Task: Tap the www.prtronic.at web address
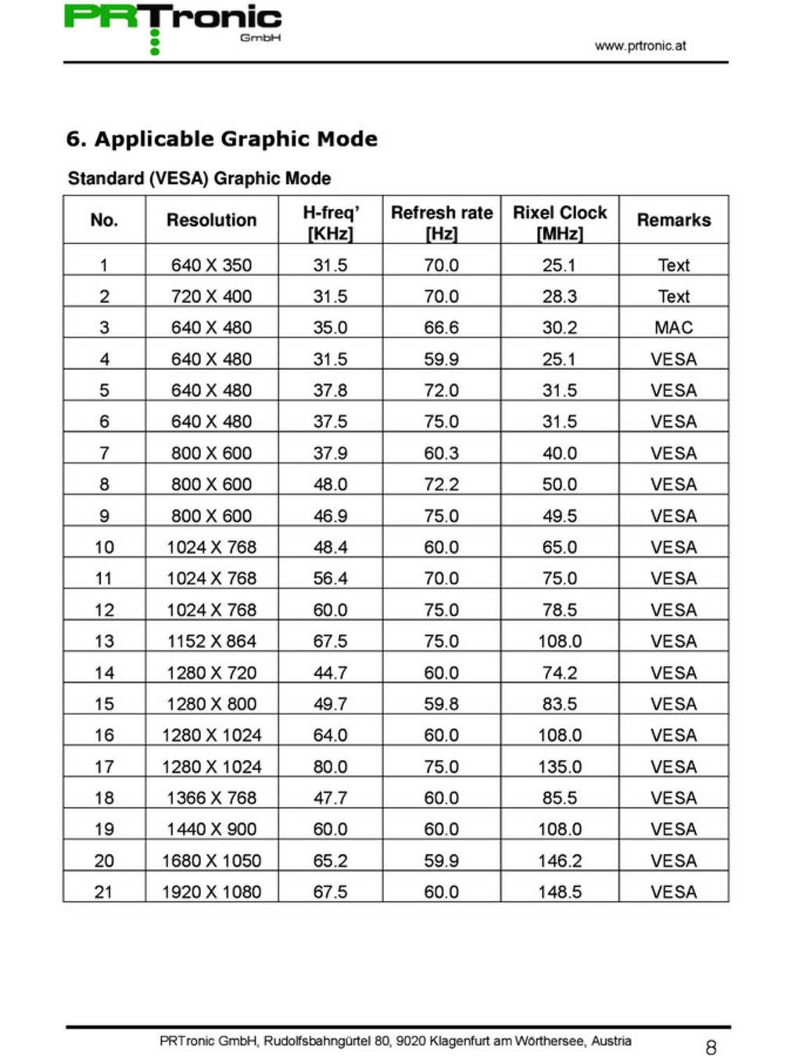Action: tap(640, 46)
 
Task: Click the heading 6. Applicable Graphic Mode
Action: tap(221, 139)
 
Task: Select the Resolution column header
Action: tap(211, 221)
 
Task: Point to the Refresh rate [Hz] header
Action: tap(442, 222)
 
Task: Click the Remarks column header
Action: tap(673, 221)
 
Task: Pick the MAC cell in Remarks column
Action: tap(673, 328)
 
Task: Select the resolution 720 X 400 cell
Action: tap(211, 296)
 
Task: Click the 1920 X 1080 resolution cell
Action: tap(211, 892)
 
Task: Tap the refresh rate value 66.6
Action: tap(441, 328)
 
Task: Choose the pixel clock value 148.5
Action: tap(560, 892)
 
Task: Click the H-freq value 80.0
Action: tap(330, 767)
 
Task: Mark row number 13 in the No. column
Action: tap(104, 641)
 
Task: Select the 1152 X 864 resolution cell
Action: tap(211, 641)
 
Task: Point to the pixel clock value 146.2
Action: tap(560, 860)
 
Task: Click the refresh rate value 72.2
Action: tap(441, 484)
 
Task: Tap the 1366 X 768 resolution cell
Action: tap(211, 798)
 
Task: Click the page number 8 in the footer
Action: tap(711, 1047)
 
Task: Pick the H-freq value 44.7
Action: tap(330, 673)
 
